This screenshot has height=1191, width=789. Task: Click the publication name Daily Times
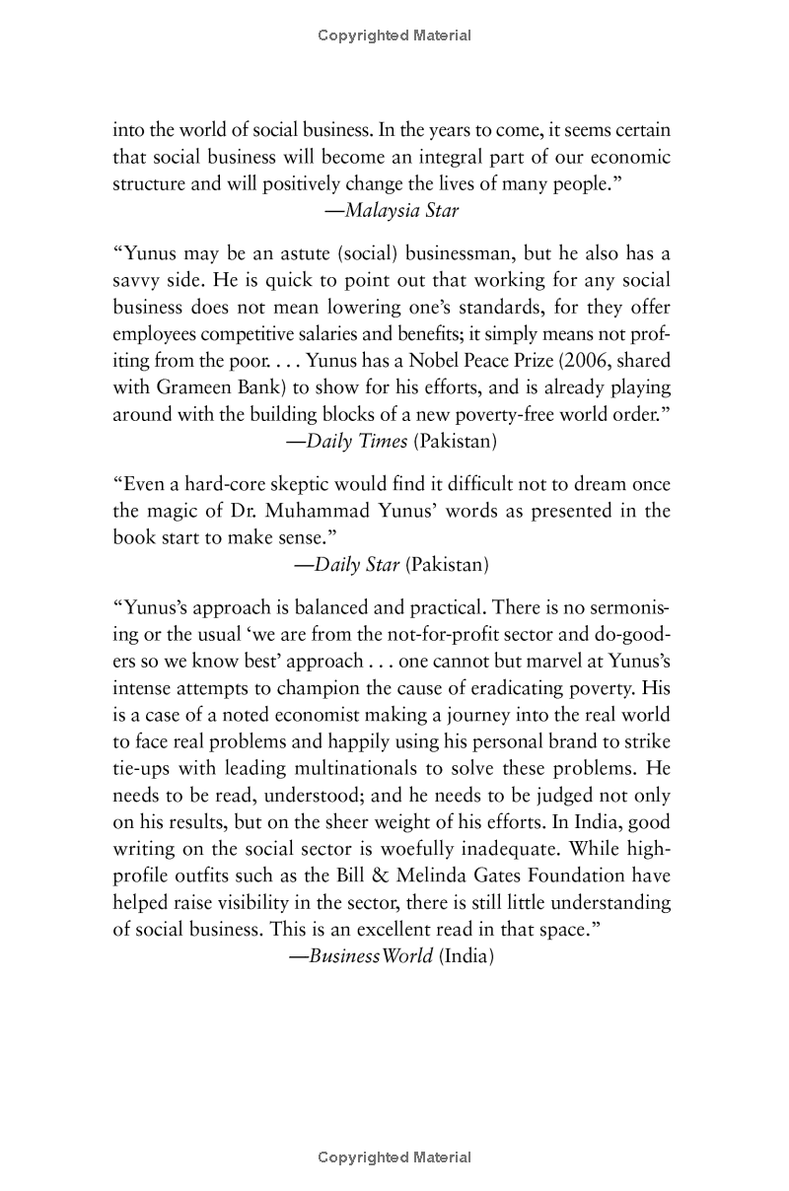click(x=356, y=441)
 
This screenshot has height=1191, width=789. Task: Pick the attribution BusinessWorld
click(x=370, y=955)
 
